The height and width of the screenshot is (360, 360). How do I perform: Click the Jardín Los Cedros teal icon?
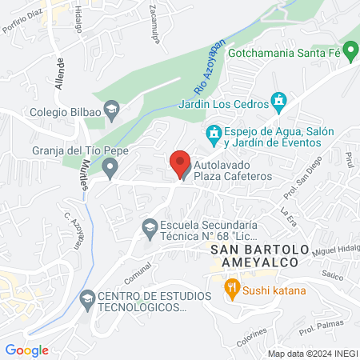278,101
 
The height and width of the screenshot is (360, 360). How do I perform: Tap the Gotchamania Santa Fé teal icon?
351,46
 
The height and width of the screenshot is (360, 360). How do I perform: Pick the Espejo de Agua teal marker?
214,132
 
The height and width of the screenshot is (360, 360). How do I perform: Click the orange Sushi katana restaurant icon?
231,289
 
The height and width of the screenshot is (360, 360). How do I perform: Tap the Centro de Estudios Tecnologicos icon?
86,300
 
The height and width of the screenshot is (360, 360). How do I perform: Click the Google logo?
27,350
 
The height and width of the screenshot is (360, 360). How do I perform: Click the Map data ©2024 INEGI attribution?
311,353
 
